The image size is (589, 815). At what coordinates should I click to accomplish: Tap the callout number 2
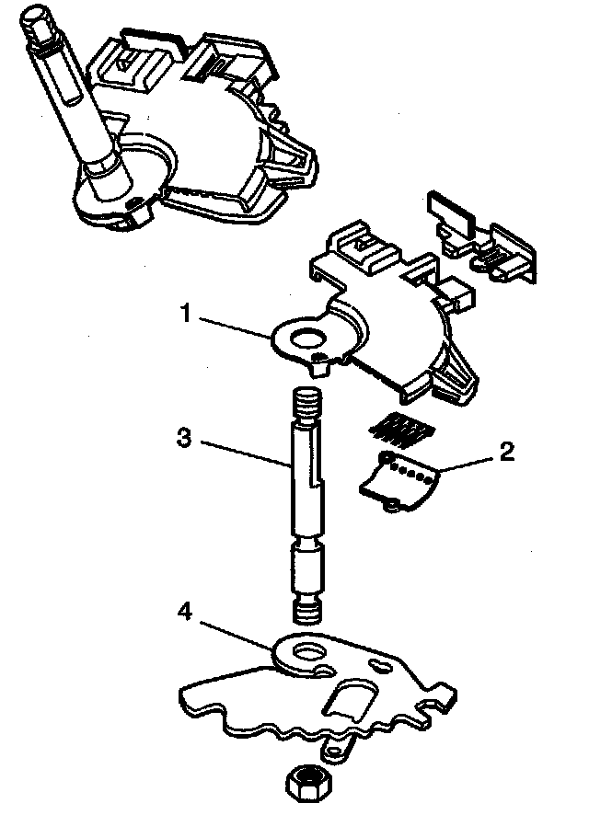(507, 452)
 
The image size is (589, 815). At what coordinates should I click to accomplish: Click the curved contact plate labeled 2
(398, 483)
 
